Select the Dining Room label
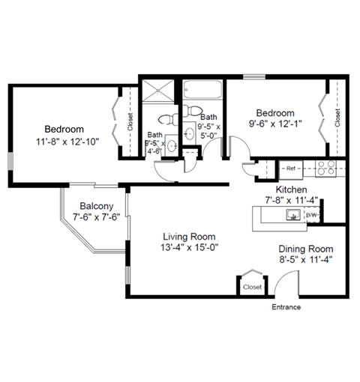pyautogui.click(x=305, y=249)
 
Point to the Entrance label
pyautogui.click(x=286, y=307)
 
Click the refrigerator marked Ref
pyautogui.click(x=290, y=169)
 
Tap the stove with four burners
pyautogui.click(x=325, y=169)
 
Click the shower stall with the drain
pyautogui.click(x=157, y=92)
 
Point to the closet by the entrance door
pyautogui.click(x=251, y=286)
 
